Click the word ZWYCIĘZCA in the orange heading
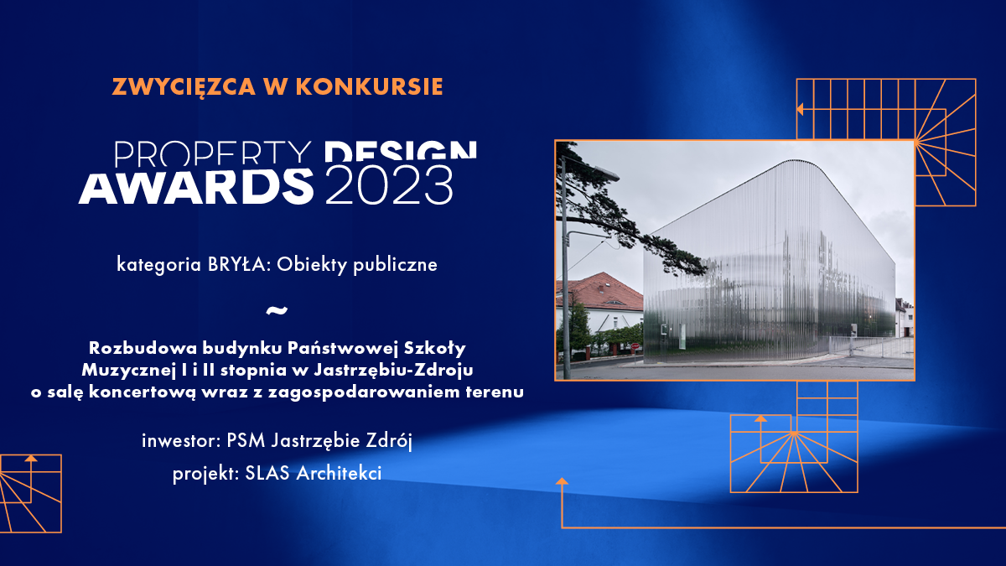pos(184,87)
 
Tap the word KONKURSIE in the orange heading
pos(370,86)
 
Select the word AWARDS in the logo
pos(196,187)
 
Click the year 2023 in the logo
pos(389,185)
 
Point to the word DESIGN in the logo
pos(401,151)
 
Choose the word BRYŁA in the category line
pos(237,265)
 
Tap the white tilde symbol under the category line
pos(277,310)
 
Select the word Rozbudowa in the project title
pos(142,348)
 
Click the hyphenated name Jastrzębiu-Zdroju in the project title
pos(393,371)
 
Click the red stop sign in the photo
pos(635,346)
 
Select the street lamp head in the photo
pos(605,173)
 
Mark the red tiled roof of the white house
pos(599,292)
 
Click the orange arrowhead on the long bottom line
pos(562,481)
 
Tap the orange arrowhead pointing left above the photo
pos(800,109)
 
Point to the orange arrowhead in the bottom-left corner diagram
pos(31,458)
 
